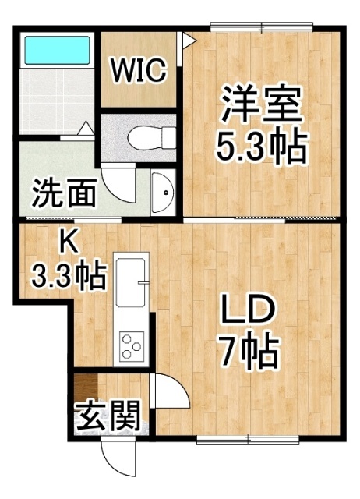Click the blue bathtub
[57, 50]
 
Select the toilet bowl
[152, 138]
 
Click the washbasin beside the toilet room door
[163, 193]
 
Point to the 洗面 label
[64, 193]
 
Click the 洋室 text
[261, 104]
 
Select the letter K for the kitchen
[69, 243]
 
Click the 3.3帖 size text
[68, 274]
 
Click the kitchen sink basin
[131, 282]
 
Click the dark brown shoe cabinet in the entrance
[86, 387]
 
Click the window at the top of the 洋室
[262, 27]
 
